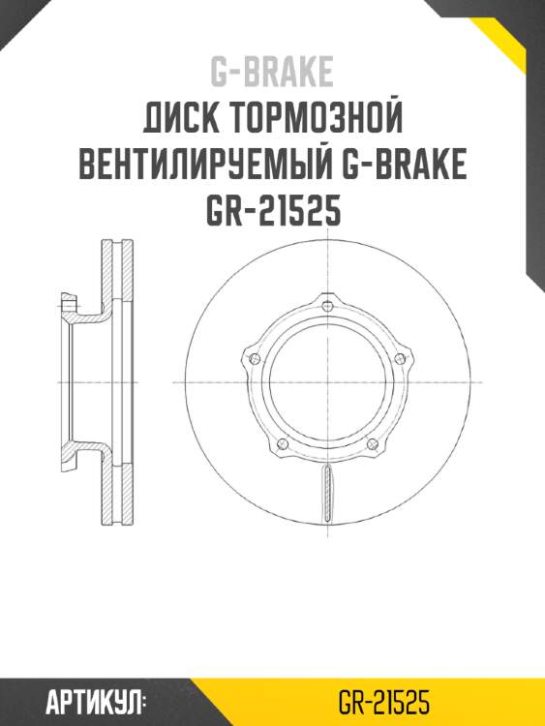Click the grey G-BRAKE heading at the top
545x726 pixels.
(x=272, y=72)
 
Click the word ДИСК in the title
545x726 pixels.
(x=180, y=120)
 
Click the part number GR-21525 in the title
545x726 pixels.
(x=272, y=211)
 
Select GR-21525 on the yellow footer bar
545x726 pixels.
(x=383, y=702)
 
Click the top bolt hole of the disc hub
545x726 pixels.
(x=328, y=307)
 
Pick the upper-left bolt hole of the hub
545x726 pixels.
(x=255, y=359)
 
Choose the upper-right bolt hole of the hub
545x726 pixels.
(x=400, y=359)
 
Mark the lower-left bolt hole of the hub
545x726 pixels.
(x=282, y=444)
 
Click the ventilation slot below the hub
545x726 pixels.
(x=327, y=493)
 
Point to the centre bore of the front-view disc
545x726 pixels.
(x=327, y=383)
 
